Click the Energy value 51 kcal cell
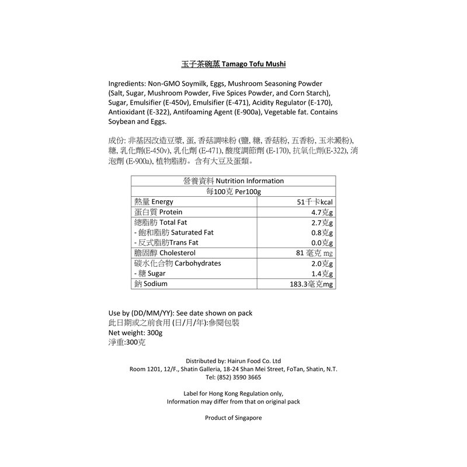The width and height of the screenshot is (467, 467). coord(315,201)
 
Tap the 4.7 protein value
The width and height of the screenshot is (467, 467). coord(322,212)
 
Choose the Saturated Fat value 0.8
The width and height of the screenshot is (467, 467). coord(322,232)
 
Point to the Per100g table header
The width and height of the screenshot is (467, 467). coord(233,191)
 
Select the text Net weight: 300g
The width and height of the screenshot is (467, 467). coord(135,332)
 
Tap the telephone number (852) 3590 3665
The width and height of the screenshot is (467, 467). coord(233,378)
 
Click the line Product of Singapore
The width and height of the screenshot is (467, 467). coord(233,418)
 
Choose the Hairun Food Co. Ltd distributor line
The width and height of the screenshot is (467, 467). coord(233,361)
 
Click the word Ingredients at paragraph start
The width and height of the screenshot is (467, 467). coord(127,84)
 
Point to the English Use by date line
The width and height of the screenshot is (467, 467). coord(180,312)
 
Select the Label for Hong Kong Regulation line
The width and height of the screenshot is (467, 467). coord(233,393)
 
